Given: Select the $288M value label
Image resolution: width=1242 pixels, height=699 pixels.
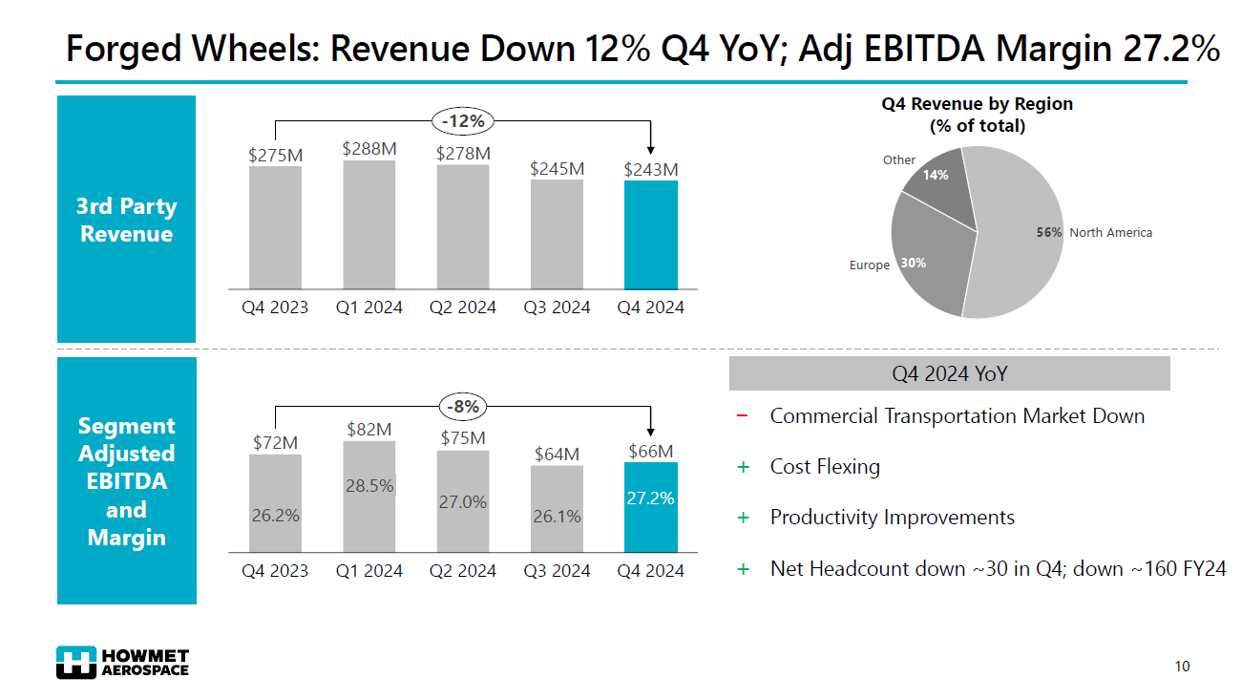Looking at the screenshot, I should point(369,148).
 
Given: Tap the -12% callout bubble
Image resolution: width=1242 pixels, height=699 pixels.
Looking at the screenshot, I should point(463,121).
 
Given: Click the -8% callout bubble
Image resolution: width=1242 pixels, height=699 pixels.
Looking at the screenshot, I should point(463,407).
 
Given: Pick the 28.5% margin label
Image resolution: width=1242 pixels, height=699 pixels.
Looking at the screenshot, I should point(369,485).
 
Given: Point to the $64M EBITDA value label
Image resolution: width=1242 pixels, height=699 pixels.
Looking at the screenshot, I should point(557,454).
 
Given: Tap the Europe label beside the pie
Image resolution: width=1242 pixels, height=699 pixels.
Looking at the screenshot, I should point(869,265).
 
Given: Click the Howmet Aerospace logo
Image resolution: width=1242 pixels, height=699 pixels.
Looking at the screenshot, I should point(122,663).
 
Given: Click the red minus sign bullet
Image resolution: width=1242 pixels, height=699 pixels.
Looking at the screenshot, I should point(743,416).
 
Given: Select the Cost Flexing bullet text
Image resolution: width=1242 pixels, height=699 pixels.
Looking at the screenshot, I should point(825,467).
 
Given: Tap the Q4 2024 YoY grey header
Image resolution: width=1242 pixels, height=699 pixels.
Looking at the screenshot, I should point(949,373).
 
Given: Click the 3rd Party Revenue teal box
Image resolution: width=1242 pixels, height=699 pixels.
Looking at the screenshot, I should point(126,220).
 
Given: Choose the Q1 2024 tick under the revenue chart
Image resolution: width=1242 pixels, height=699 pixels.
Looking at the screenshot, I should point(369,307).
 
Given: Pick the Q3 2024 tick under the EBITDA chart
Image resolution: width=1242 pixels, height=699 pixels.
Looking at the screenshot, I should point(557,571).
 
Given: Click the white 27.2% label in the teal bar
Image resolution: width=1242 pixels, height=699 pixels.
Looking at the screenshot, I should point(650,498).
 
